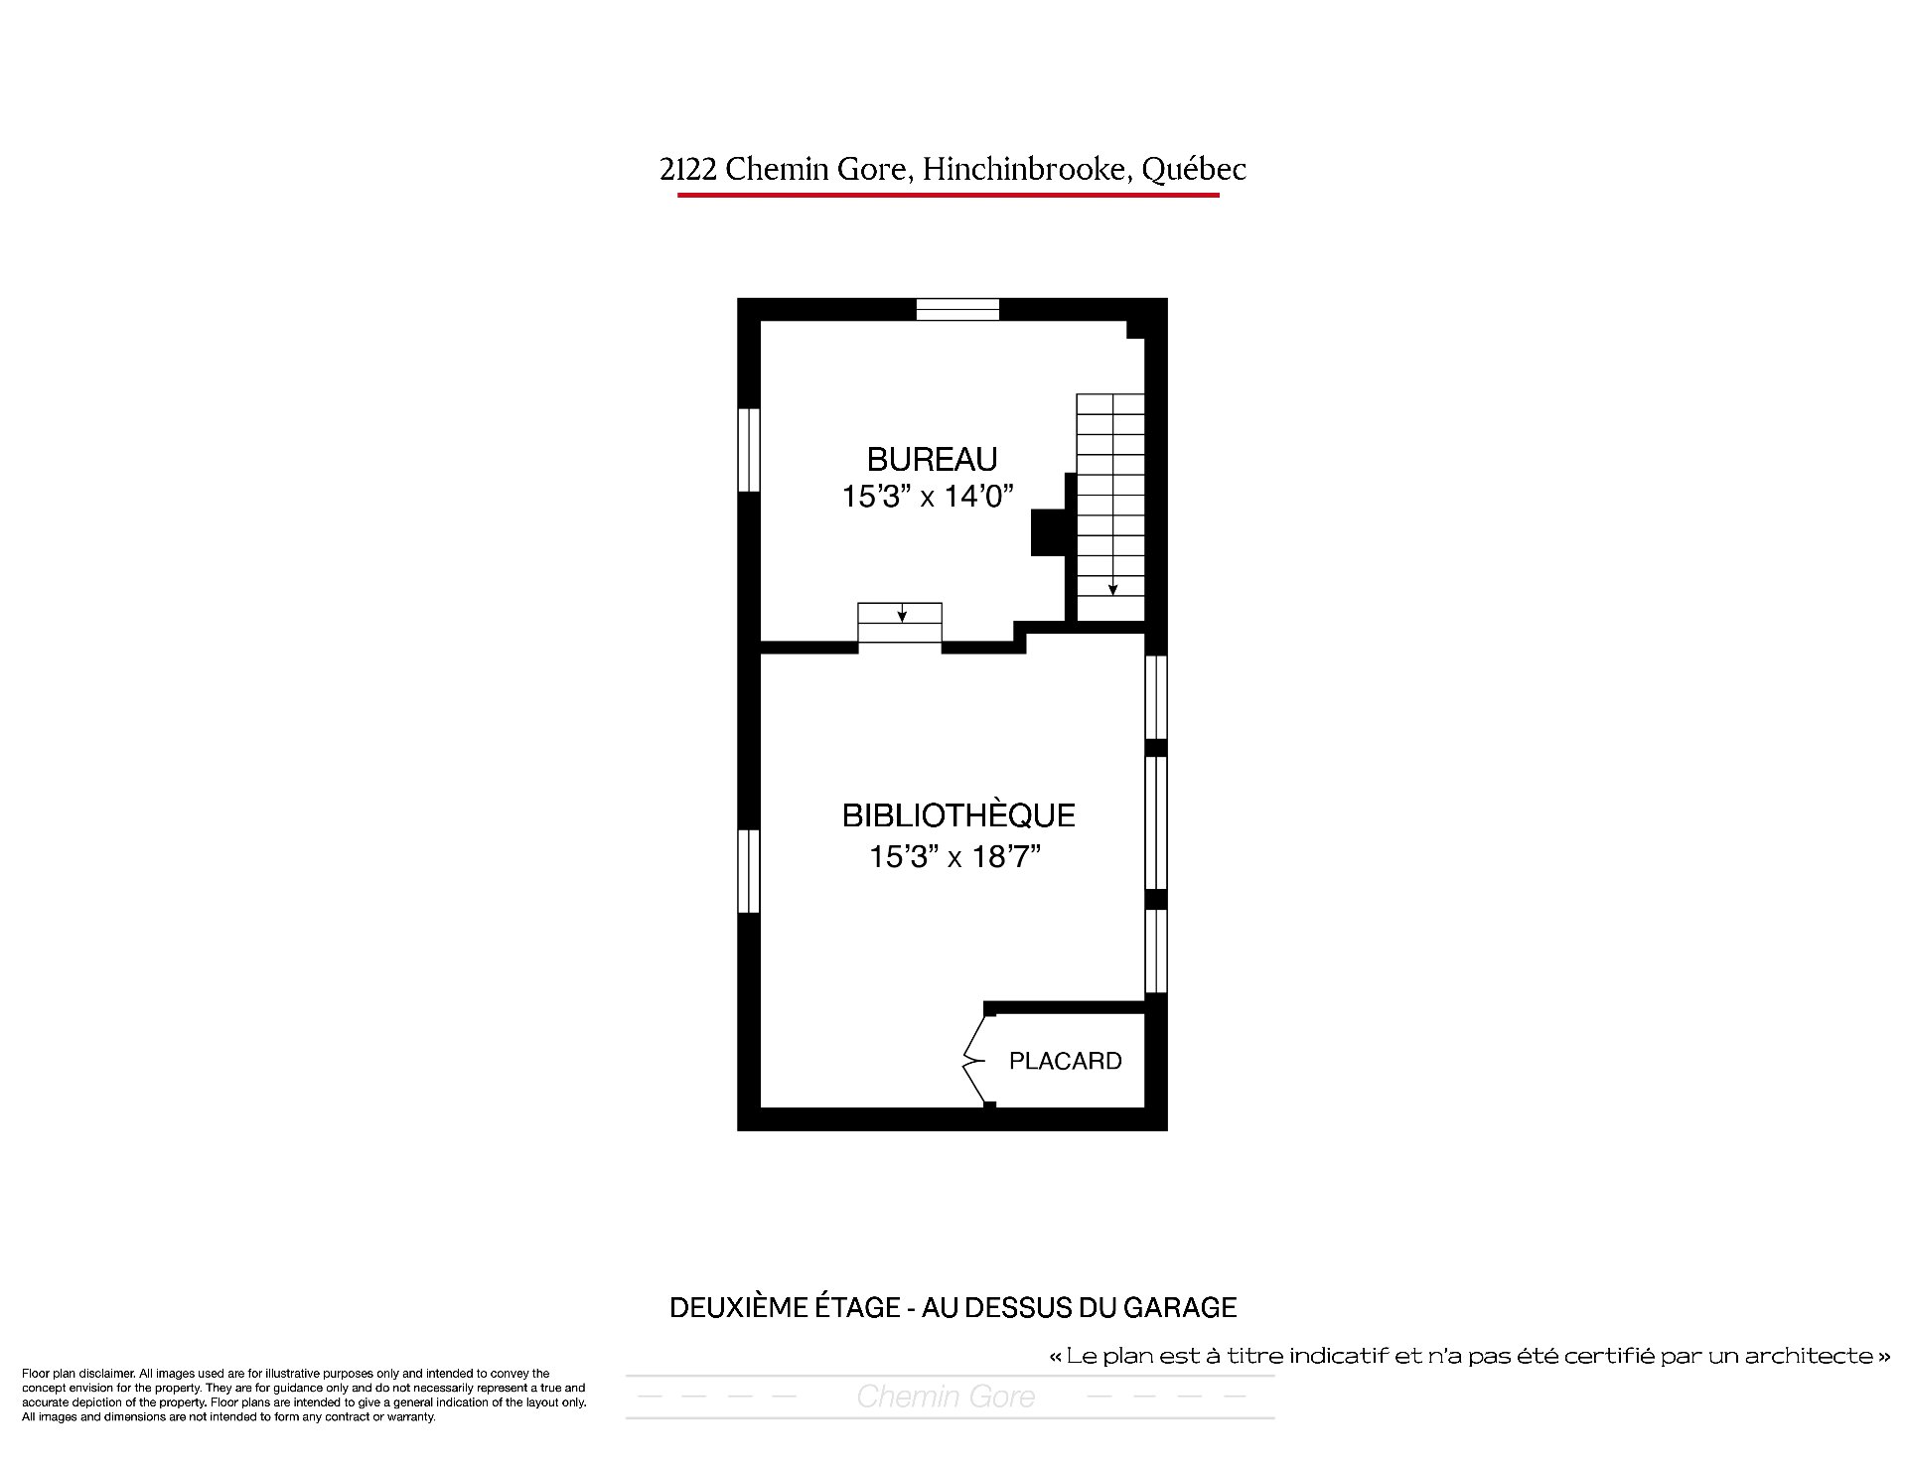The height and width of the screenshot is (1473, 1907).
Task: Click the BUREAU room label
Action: coord(932,459)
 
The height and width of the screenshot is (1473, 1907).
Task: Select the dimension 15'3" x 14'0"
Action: coord(928,496)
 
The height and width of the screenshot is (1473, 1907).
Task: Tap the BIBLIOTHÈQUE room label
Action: coord(958,815)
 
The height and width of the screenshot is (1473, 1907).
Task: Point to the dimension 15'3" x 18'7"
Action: coord(954,856)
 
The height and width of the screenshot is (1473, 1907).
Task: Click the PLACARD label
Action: coord(1065,1061)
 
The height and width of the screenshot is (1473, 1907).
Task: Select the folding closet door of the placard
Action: coord(973,1061)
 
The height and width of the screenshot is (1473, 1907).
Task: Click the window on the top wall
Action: coord(957,309)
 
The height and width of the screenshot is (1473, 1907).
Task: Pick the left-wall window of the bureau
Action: coord(749,450)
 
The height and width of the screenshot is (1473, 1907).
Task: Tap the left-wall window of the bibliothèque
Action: coord(749,871)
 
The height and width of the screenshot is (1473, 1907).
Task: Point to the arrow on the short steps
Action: coord(901,613)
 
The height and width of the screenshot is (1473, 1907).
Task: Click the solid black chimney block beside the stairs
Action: coord(1049,532)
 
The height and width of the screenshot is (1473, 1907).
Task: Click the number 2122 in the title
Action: coord(688,170)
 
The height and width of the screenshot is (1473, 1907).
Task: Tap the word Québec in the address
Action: coord(1193,170)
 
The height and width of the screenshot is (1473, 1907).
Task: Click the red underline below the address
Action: coord(949,195)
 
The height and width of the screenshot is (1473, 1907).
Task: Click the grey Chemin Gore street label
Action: coord(946,1397)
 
